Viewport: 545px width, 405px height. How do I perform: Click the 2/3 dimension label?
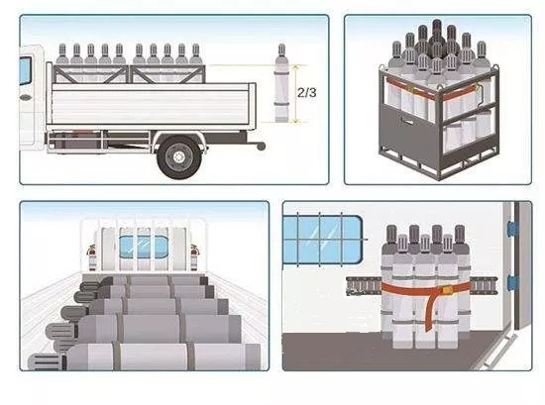point(307,93)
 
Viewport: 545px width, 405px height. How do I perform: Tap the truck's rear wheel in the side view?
point(179,157)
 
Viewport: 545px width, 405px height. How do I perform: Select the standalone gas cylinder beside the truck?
point(281,83)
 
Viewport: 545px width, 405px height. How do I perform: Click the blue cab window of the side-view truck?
point(25,71)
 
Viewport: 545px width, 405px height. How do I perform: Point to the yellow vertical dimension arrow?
point(296,93)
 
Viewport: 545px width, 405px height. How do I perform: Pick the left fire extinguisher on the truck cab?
point(92,257)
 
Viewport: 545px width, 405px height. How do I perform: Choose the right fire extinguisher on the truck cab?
point(194,257)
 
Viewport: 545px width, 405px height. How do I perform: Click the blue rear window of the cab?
point(144,247)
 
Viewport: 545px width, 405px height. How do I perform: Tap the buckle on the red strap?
point(445,289)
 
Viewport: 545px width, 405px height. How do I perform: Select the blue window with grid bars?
point(322,240)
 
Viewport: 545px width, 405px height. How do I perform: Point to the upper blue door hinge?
point(512,229)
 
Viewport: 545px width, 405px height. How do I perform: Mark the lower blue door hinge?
point(512,282)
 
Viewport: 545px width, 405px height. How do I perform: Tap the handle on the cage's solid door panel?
point(407,121)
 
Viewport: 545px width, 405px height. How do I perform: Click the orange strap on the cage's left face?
point(410,89)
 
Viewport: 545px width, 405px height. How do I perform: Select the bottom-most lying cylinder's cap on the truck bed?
point(47,361)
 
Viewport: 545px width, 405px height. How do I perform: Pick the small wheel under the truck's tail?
point(261,147)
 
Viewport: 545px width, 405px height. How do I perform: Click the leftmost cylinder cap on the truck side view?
point(62,51)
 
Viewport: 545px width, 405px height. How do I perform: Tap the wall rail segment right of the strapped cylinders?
point(484,286)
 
